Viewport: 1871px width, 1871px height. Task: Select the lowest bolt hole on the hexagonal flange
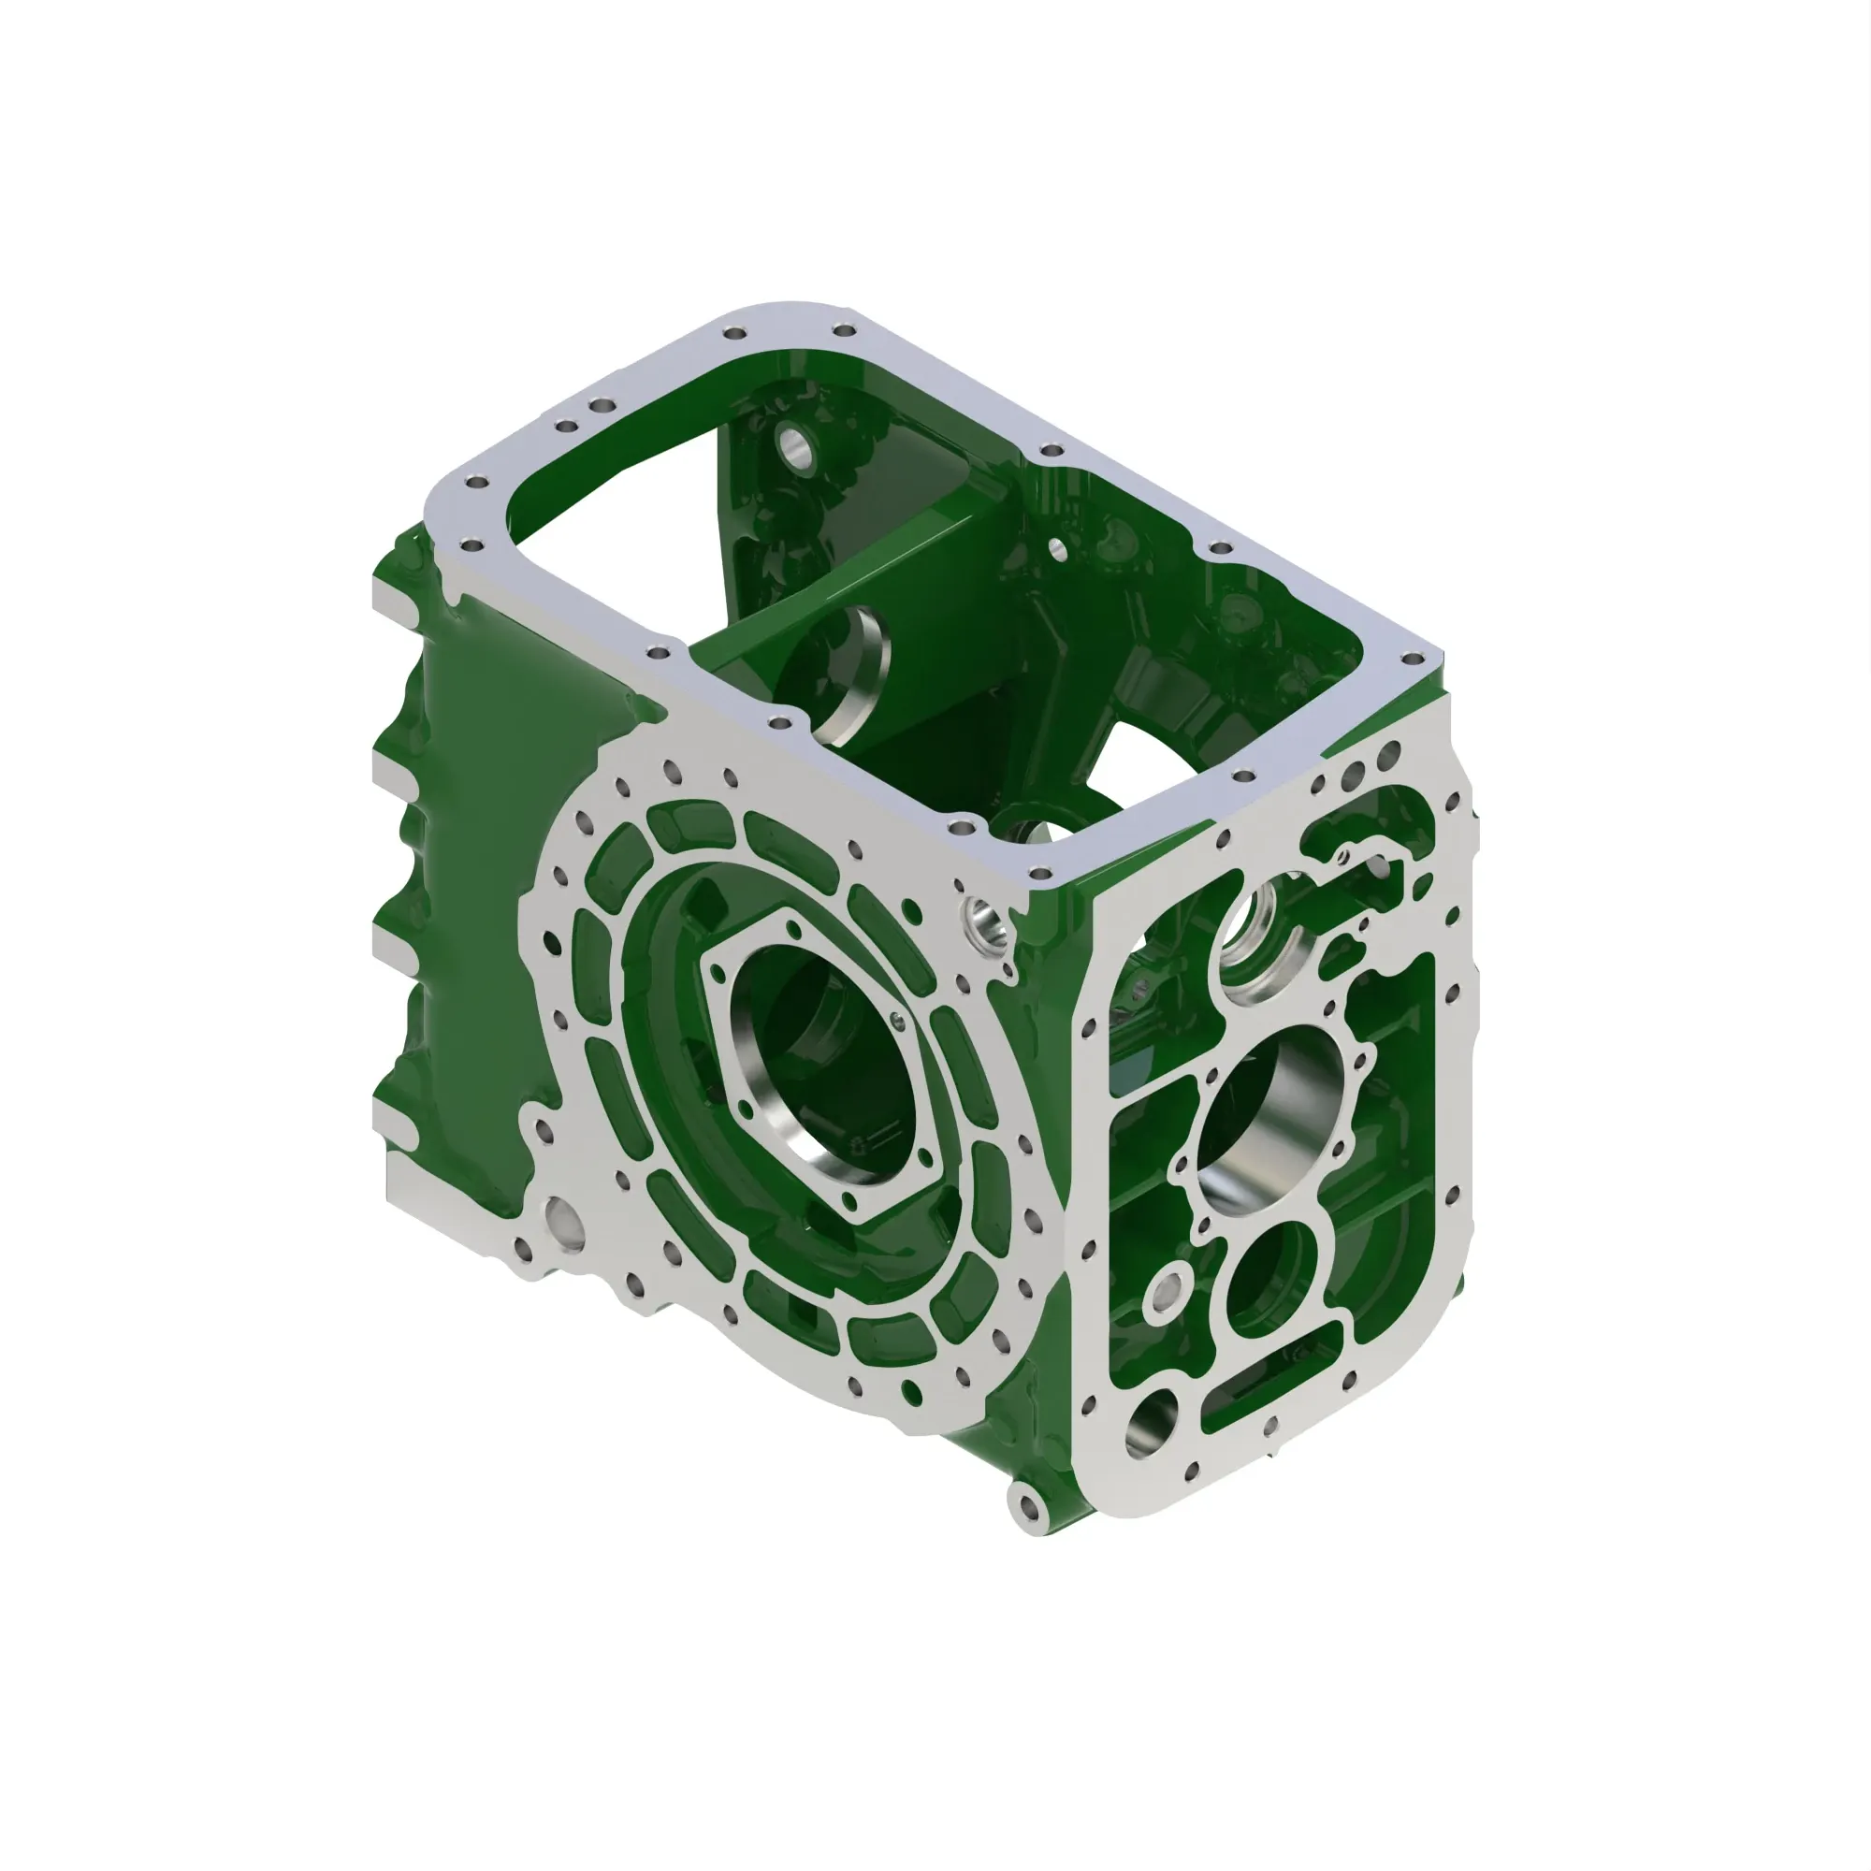pyautogui.click(x=850, y=1202)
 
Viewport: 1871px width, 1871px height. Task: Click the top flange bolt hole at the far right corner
pyautogui.click(x=1413, y=660)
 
